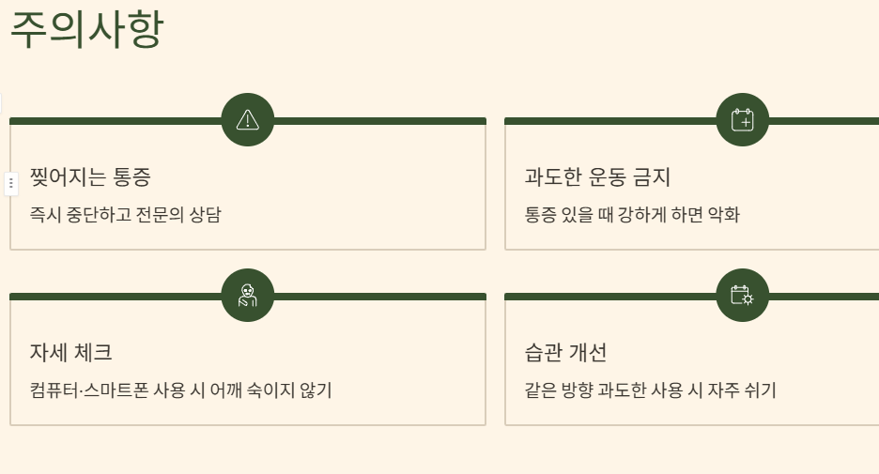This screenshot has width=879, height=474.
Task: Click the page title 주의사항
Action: (86, 29)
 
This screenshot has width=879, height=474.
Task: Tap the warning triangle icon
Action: (248, 119)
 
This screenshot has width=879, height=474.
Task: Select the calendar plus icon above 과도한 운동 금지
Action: (742, 119)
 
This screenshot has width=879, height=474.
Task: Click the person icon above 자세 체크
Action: (248, 295)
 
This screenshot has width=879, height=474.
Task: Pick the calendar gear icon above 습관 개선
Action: (742, 295)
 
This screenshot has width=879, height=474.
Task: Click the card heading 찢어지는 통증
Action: (90, 176)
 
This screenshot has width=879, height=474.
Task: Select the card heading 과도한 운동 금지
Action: (597, 176)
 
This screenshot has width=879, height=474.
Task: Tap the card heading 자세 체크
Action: (71, 353)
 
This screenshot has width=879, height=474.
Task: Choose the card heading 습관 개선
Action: (565, 353)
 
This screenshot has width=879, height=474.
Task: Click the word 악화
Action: (724, 215)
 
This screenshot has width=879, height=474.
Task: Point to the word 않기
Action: (316, 390)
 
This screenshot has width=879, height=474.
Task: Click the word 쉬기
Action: (761, 390)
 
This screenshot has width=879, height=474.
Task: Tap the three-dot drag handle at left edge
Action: (11, 183)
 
